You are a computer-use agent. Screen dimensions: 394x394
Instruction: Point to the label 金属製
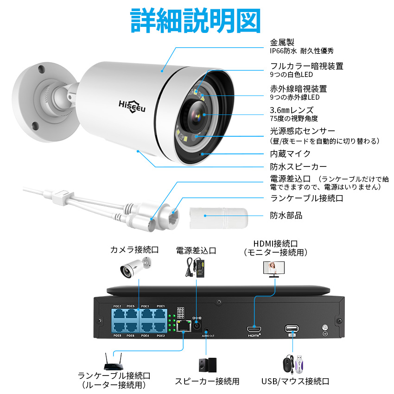(x=282, y=43)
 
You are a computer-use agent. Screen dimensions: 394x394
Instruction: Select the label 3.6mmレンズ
(x=292, y=110)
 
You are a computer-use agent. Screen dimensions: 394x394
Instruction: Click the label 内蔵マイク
(x=290, y=153)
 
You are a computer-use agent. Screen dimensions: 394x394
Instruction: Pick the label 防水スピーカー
(x=299, y=166)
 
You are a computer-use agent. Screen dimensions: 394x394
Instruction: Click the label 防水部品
(x=286, y=215)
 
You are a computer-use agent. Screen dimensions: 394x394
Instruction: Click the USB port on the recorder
(x=292, y=328)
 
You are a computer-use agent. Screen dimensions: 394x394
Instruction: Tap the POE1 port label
(x=161, y=306)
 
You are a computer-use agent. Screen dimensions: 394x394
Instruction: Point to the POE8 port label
(x=117, y=335)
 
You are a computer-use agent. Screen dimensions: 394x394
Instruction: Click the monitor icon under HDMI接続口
(x=274, y=268)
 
